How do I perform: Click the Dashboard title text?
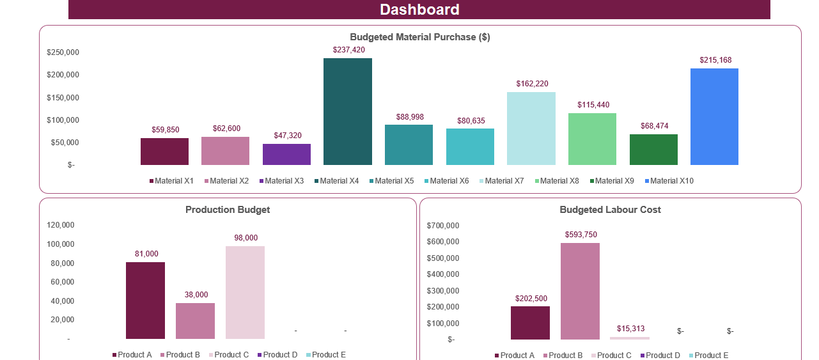[419, 10]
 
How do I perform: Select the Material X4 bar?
[348, 112]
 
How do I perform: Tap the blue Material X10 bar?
[714, 117]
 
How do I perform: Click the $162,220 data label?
[533, 84]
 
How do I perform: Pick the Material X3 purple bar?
[286, 155]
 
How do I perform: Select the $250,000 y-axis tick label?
[63, 52]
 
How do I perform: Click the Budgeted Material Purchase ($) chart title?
[420, 37]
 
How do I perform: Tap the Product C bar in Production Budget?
[245, 293]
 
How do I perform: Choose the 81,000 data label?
[146, 254]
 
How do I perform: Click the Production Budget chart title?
[228, 210]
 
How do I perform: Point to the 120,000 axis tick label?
[61, 225]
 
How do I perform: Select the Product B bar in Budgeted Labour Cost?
[580, 292]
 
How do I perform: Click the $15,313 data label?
[632, 329]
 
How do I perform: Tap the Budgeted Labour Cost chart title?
[610, 210]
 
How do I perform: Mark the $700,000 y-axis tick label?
[442, 226]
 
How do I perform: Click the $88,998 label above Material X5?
[409, 117]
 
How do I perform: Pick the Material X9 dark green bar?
[653, 150]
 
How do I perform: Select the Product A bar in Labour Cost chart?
[530, 323]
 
